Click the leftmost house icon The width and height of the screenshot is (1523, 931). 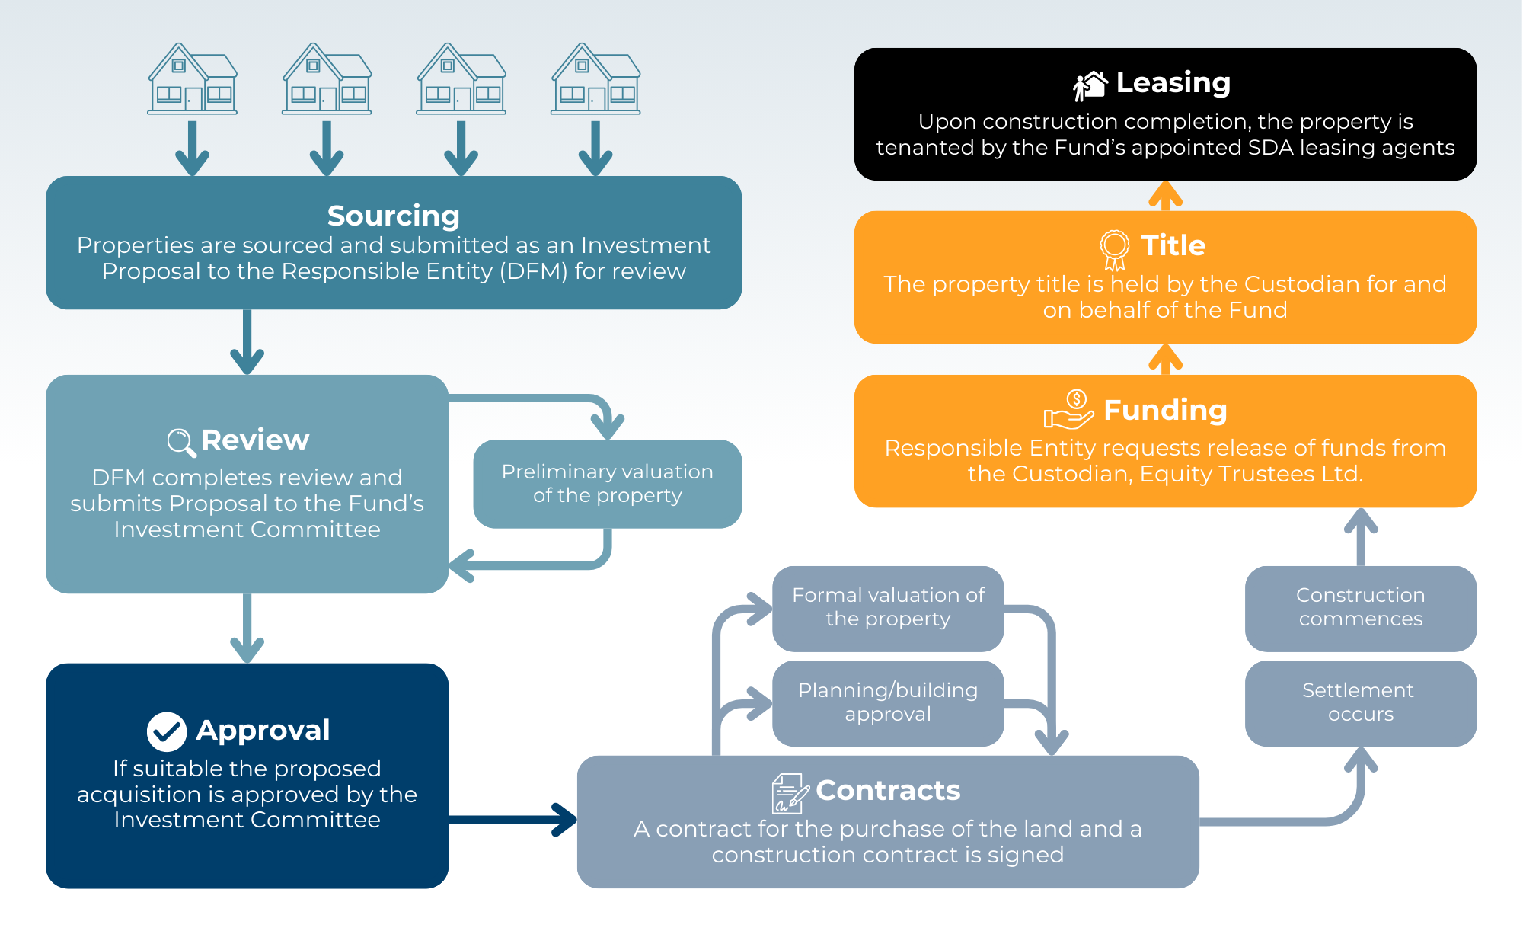193,79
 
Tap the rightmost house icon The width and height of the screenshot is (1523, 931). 595,79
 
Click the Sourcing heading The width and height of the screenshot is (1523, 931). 393,216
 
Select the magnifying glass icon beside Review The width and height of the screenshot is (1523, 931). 181,442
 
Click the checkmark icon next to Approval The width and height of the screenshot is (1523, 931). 166,731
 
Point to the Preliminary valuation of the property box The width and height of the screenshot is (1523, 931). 607,484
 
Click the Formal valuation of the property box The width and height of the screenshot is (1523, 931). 888,607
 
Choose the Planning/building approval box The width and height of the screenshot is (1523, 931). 888,702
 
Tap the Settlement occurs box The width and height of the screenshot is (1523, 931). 1360,702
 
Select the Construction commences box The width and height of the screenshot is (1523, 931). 1360,607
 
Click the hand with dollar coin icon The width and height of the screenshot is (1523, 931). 1068,410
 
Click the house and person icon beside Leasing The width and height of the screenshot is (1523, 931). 1090,85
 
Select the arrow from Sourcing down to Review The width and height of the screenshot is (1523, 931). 247,343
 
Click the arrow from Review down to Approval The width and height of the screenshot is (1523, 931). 247,629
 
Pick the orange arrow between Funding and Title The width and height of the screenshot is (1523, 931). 1165,360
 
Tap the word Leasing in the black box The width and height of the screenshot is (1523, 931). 1173,82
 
